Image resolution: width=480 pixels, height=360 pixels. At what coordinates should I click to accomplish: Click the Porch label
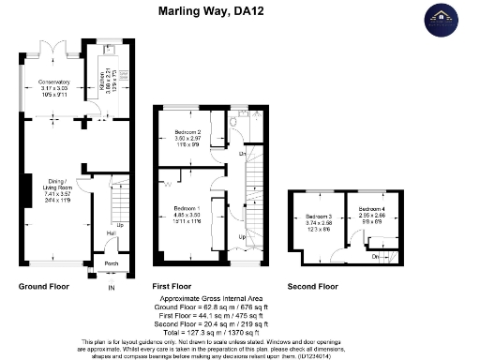pyautogui.click(x=110, y=263)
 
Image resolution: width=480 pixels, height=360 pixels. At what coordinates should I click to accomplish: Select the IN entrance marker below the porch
pyautogui.click(x=111, y=287)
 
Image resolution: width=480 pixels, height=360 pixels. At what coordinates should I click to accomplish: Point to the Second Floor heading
pyautogui.click(x=313, y=285)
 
